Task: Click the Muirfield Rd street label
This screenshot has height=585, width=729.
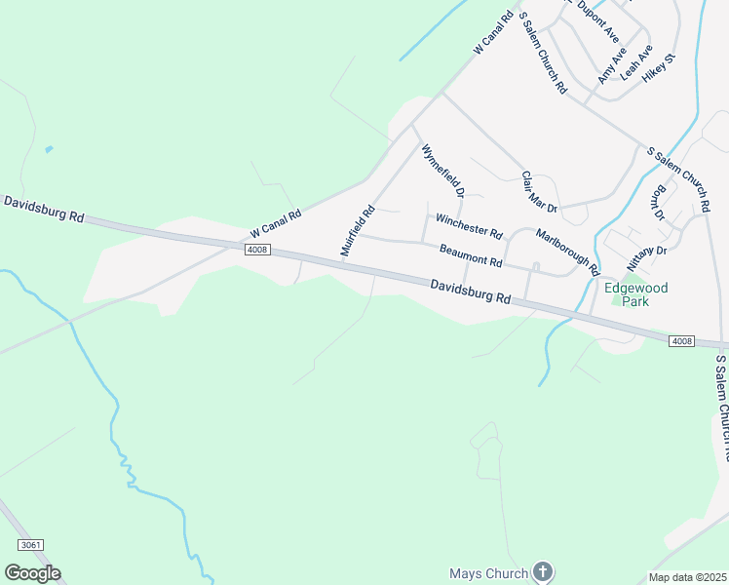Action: tap(358, 231)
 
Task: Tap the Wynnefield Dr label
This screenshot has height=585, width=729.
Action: tap(442, 173)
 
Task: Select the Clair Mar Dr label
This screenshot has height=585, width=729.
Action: tap(538, 192)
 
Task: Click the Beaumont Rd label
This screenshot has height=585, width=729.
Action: tap(470, 255)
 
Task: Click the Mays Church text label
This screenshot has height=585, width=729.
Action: tap(488, 573)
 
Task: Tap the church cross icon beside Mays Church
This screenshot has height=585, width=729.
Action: tap(544, 572)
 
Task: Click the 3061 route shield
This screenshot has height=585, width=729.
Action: tap(30, 545)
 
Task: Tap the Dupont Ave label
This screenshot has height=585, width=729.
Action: tap(598, 20)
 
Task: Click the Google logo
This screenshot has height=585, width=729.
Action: tap(32, 572)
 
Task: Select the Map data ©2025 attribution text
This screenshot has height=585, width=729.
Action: tap(687, 577)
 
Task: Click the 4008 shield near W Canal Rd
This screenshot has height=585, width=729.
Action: tap(257, 250)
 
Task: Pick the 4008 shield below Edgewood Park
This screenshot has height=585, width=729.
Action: tap(682, 340)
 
